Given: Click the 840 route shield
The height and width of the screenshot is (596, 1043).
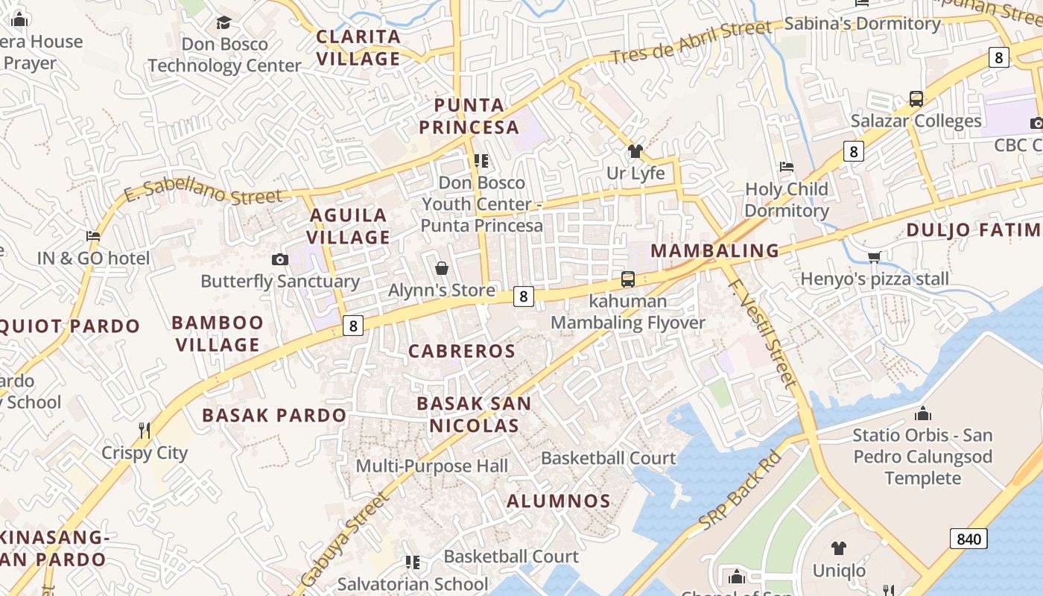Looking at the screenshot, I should [x=968, y=539].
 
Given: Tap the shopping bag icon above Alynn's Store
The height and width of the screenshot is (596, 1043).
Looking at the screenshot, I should [x=442, y=268].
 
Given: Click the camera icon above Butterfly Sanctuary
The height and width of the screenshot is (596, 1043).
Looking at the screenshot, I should [x=280, y=259].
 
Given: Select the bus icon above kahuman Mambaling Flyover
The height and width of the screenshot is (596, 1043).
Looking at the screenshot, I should [x=628, y=279].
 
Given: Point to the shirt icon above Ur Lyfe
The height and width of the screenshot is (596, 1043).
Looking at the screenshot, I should [x=635, y=151].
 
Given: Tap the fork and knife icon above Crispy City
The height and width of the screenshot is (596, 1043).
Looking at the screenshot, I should [x=145, y=430].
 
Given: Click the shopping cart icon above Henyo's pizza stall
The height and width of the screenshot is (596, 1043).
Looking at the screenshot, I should [x=874, y=257].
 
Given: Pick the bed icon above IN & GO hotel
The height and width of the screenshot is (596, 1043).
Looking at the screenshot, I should [x=93, y=236].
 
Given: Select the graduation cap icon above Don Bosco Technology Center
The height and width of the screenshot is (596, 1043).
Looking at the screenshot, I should [x=223, y=22].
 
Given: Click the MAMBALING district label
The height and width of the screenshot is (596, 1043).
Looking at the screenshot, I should [x=715, y=250].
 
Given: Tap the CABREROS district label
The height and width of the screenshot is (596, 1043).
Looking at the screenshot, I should [x=462, y=351].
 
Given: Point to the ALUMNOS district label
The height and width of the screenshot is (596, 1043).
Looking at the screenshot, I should [x=559, y=501].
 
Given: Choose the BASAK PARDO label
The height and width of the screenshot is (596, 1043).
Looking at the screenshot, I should [x=274, y=415].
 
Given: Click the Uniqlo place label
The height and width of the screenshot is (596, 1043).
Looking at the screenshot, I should [x=839, y=571].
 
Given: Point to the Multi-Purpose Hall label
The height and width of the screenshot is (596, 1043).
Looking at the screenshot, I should [x=432, y=466].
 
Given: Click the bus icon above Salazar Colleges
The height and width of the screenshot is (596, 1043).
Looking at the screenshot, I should [x=916, y=98].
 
